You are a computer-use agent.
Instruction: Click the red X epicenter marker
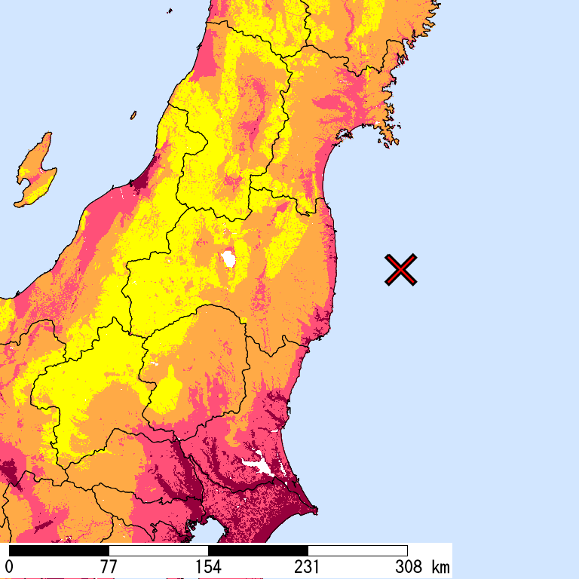click(401, 270)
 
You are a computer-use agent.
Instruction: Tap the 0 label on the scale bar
click(9, 566)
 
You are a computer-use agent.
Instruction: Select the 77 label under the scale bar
click(109, 566)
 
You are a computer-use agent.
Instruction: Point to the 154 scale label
click(208, 566)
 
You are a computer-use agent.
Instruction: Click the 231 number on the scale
click(308, 566)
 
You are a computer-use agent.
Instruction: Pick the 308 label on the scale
click(407, 566)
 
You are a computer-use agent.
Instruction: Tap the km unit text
click(440, 566)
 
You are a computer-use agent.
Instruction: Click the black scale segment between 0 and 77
click(59, 550)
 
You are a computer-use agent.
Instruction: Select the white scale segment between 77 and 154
click(158, 550)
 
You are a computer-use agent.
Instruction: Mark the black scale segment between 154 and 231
click(258, 550)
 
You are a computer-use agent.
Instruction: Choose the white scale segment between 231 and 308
click(357, 550)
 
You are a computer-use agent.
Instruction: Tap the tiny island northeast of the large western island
click(133, 115)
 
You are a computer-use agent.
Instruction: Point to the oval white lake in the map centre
click(228, 260)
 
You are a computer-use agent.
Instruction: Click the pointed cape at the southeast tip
click(314, 513)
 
